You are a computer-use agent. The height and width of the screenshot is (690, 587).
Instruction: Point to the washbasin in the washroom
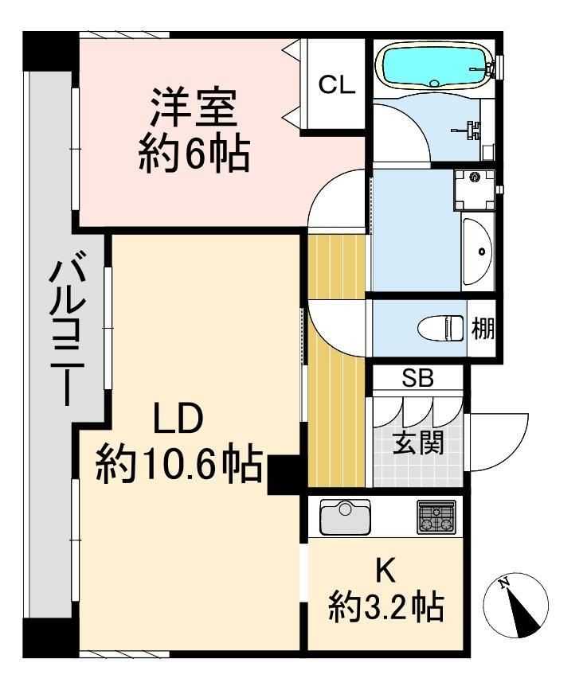click(477, 251)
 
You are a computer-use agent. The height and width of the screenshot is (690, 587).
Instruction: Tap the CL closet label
click(337, 84)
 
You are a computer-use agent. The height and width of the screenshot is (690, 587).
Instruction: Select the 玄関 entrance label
click(417, 442)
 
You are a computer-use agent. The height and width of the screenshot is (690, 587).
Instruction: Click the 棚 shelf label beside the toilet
click(483, 328)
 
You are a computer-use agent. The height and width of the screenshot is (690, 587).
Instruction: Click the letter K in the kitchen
click(385, 571)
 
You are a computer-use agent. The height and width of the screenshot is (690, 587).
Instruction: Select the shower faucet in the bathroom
click(468, 127)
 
